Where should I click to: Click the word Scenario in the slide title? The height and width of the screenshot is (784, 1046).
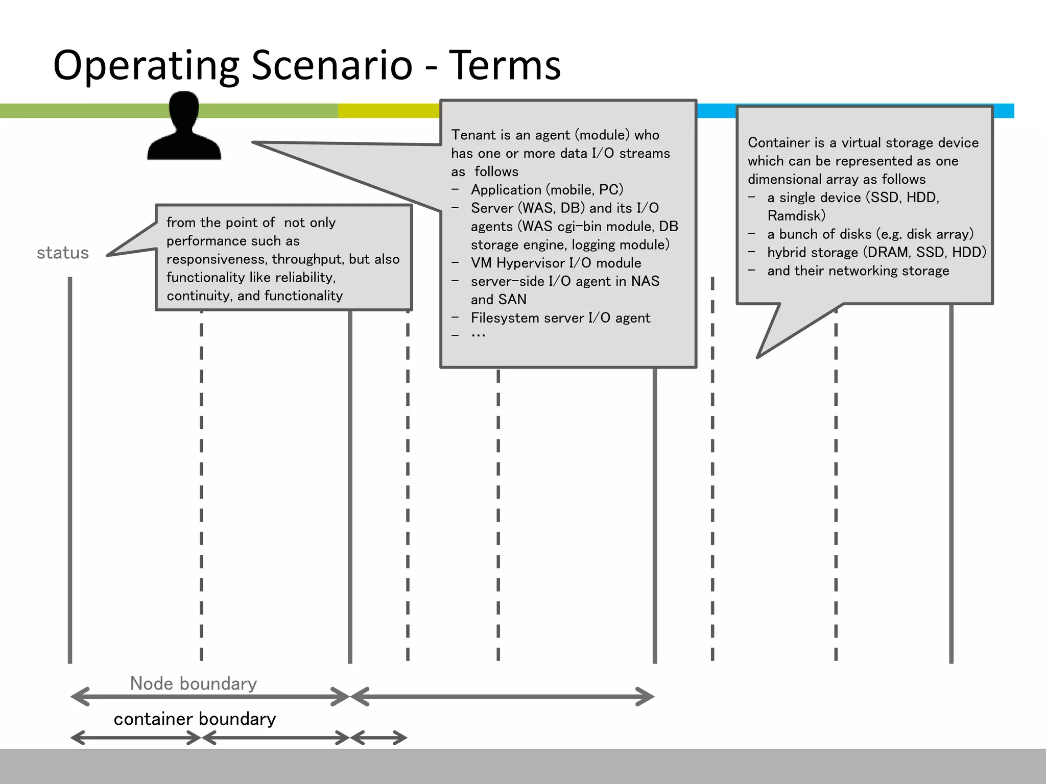click(331, 65)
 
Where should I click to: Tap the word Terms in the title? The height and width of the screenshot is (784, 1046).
click(505, 65)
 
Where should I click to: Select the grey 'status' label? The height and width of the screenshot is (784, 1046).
click(63, 253)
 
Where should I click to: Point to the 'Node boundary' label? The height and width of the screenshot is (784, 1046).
click(193, 683)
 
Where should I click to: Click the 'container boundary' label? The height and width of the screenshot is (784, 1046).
click(195, 719)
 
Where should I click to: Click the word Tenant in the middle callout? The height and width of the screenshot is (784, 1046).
click(473, 135)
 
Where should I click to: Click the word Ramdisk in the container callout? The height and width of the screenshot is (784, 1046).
click(796, 215)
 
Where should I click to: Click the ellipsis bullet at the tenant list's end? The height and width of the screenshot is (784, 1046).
click(478, 335)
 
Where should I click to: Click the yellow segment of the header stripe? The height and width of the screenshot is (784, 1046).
click(388, 111)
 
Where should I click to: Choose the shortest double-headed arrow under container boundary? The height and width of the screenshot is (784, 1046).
click(378, 738)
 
